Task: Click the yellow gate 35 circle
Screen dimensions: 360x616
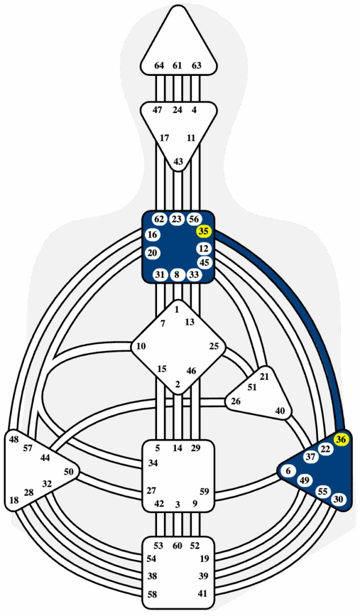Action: point(203,232)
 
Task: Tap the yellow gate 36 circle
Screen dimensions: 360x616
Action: point(341,440)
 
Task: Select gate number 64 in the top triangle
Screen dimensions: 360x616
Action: point(159,66)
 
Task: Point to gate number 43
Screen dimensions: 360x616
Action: point(178,161)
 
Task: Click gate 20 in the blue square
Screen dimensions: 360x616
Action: point(152,253)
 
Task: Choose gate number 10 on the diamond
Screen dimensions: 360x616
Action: point(141,346)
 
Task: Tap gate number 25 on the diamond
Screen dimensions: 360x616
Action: point(214,346)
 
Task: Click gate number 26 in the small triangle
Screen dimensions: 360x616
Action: point(235,401)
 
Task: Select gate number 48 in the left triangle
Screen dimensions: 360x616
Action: point(14,440)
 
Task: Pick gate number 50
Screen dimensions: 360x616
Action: point(69,472)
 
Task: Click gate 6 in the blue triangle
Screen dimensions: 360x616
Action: point(289,471)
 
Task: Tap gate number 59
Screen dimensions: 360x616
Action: point(204,491)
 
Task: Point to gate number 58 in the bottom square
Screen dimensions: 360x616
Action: point(152,594)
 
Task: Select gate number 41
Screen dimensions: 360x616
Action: point(202,594)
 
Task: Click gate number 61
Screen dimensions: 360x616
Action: point(178,66)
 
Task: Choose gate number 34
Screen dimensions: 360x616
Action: point(153,463)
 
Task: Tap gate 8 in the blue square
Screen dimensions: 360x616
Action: point(177,275)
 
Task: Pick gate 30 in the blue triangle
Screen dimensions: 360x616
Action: point(338,499)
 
